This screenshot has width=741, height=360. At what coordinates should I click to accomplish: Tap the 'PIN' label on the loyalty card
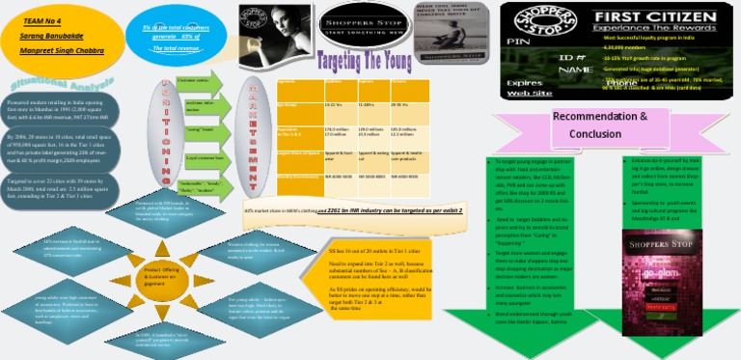(x=518, y=42)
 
